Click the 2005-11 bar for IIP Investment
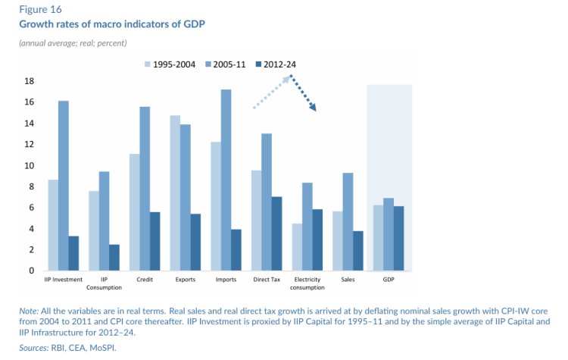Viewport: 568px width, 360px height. tap(63, 186)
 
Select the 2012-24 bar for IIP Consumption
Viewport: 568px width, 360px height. tap(114, 258)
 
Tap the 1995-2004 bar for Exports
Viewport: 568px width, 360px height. tap(175, 193)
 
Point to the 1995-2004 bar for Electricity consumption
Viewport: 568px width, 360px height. tap(298, 247)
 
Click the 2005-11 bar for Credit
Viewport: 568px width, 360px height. tap(145, 189)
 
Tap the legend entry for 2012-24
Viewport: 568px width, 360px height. tap(279, 64)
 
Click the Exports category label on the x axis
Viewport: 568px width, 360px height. tap(185, 280)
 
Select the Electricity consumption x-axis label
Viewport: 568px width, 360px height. tap(307, 284)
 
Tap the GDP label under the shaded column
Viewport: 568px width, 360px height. tap(389, 280)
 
